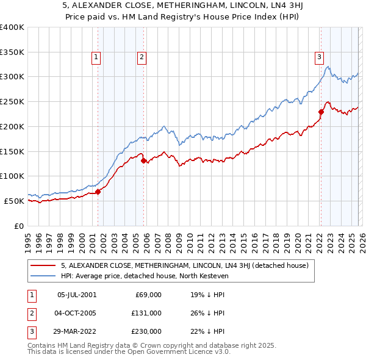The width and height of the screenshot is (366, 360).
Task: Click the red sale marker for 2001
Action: pyautogui.click(x=98, y=192)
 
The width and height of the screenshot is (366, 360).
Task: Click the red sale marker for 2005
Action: pyautogui.click(x=144, y=161)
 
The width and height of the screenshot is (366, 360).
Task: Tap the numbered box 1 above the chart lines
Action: pyautogui.click(x=96, y=58)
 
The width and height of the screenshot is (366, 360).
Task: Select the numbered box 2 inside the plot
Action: pyautogui.click(x=142, y=58)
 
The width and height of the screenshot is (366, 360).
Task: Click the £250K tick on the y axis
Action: pyautogui.click(x=12, y=101)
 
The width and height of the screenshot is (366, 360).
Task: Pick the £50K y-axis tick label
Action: pyautogui.click(x=14, y=201)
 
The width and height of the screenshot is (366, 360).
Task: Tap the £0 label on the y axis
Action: pyautogui.click(x=18, y=226)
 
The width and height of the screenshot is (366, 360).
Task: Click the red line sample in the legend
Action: pyautogui.click(x=43, y=265)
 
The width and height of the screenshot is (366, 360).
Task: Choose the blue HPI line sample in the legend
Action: pyautogui.click(x=43, y=276)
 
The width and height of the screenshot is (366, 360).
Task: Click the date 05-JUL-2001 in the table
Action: pyautogui.click(x=77, y=295)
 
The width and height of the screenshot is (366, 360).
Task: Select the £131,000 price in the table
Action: pyautogui.click(x=147, y=313)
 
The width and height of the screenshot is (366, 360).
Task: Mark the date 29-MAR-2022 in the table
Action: pyautogui.click(x=77, y=331)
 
